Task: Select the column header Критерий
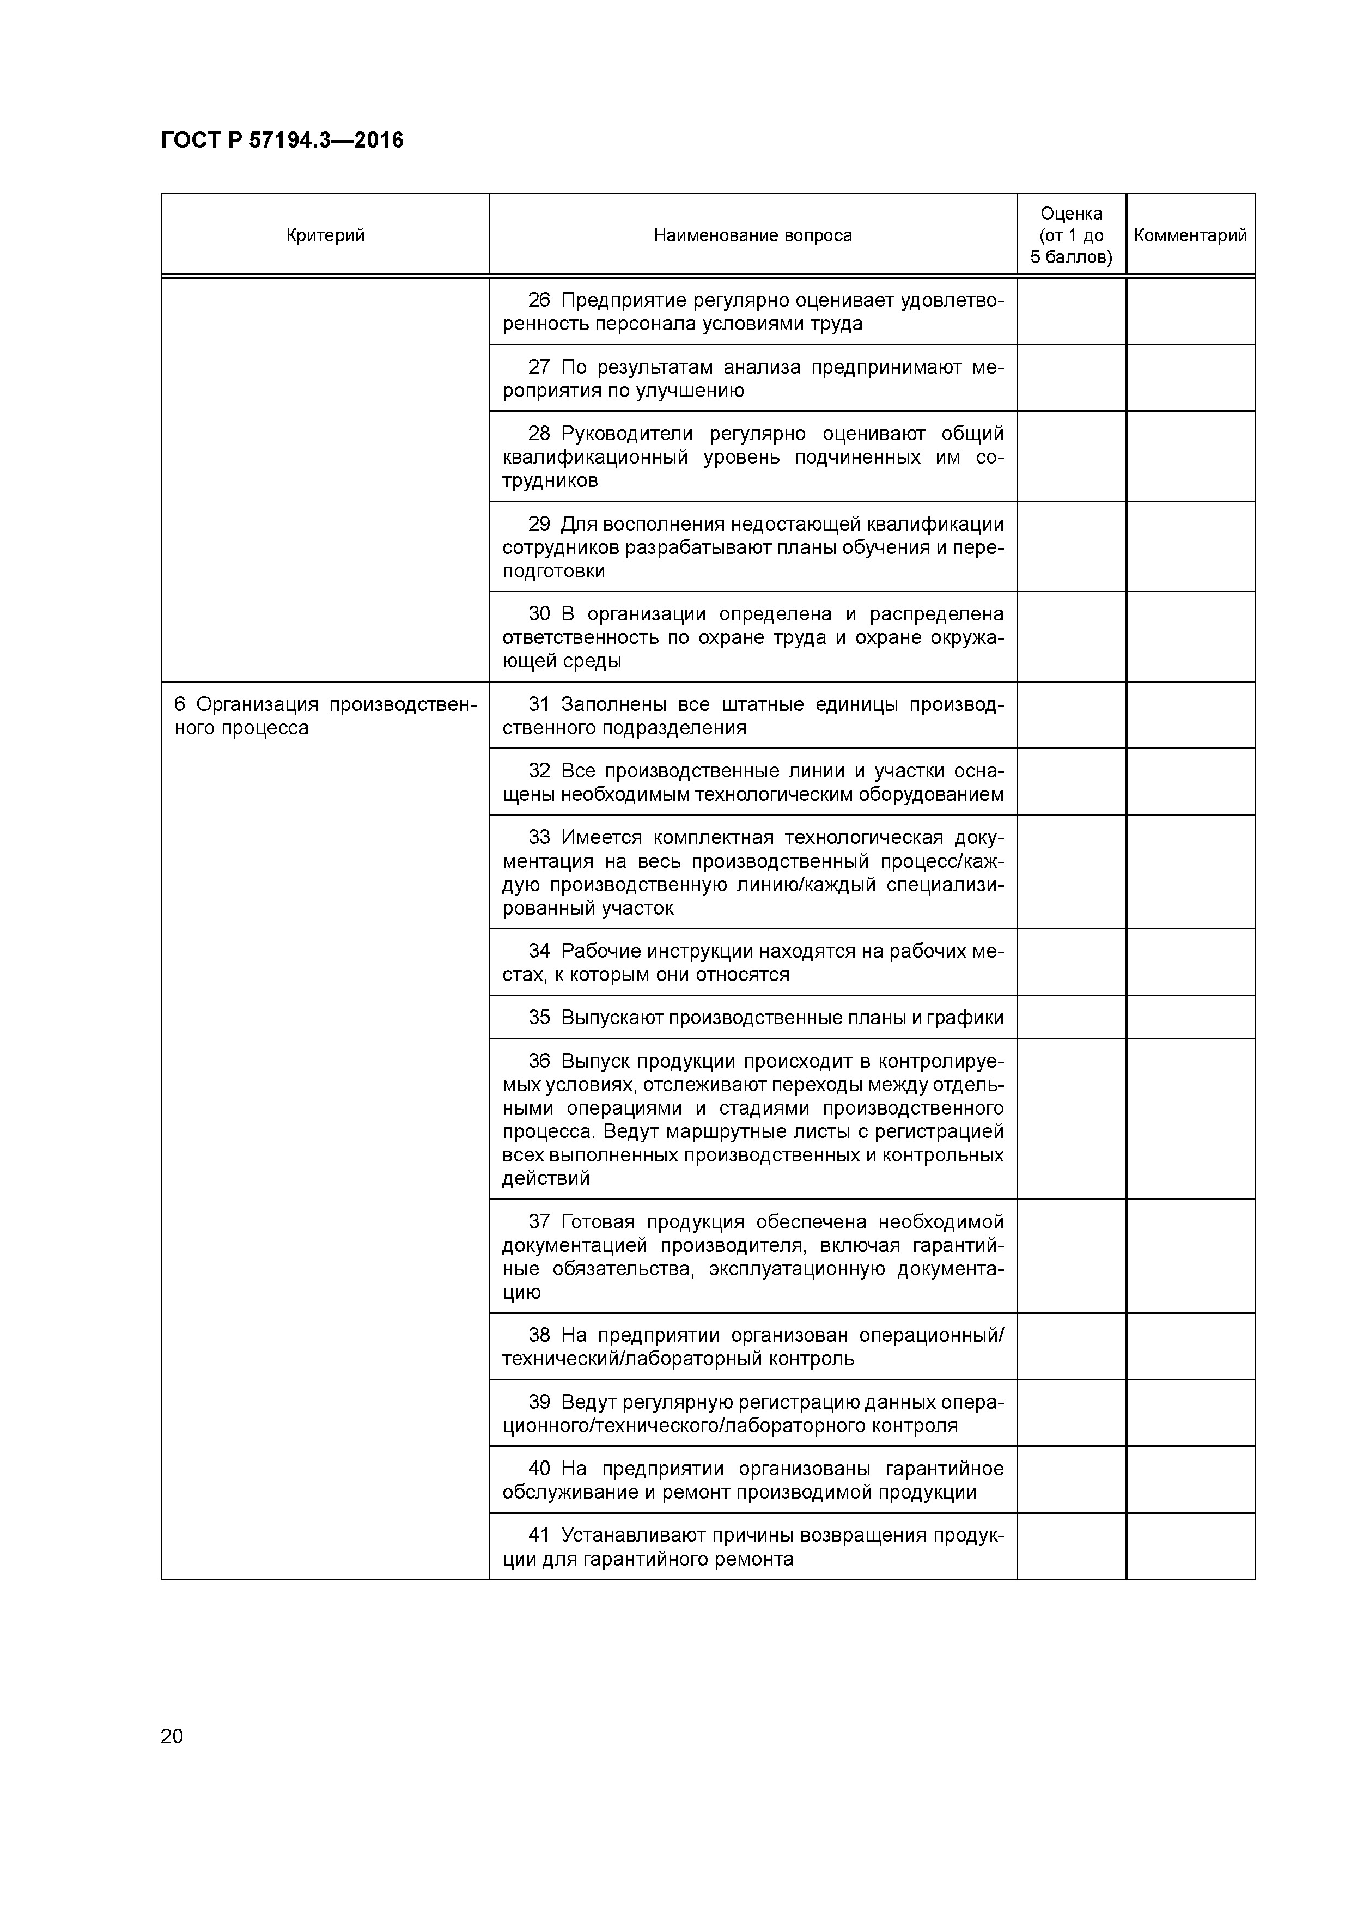(x=325, y=235)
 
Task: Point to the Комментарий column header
(x=1190, y=235)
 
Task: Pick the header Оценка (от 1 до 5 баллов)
(x=1072, y=235)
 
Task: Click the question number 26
(x=539, y=301)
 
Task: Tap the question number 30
(x=539, y=614)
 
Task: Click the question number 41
(x=539, y=1535)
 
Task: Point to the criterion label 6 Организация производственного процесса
(x=325, y=716)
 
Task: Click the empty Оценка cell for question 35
(x=1072, y=1017)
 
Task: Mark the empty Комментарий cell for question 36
(x=1190, y=1118)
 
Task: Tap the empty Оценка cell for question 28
(x=1072, y=456)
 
